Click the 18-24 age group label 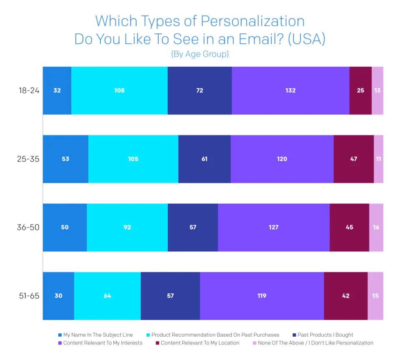pos(29,90)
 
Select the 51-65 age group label pos(29,296)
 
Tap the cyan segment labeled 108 pos(120,90)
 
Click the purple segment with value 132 pos(290,90)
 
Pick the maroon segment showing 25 pos(360,90)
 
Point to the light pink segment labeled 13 pos(377,90)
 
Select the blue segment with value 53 pos(65,159)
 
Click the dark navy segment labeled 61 pos(204,159)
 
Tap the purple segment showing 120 pos(282,159)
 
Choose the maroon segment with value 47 pos(354,159)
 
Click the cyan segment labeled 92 pos(127,227)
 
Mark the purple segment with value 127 pos(274,227)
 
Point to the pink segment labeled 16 pos(376,227)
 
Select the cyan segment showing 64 pos(107,296)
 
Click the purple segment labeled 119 pos(262,296)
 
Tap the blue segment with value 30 pos(58,296)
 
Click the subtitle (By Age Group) pos(200,54)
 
